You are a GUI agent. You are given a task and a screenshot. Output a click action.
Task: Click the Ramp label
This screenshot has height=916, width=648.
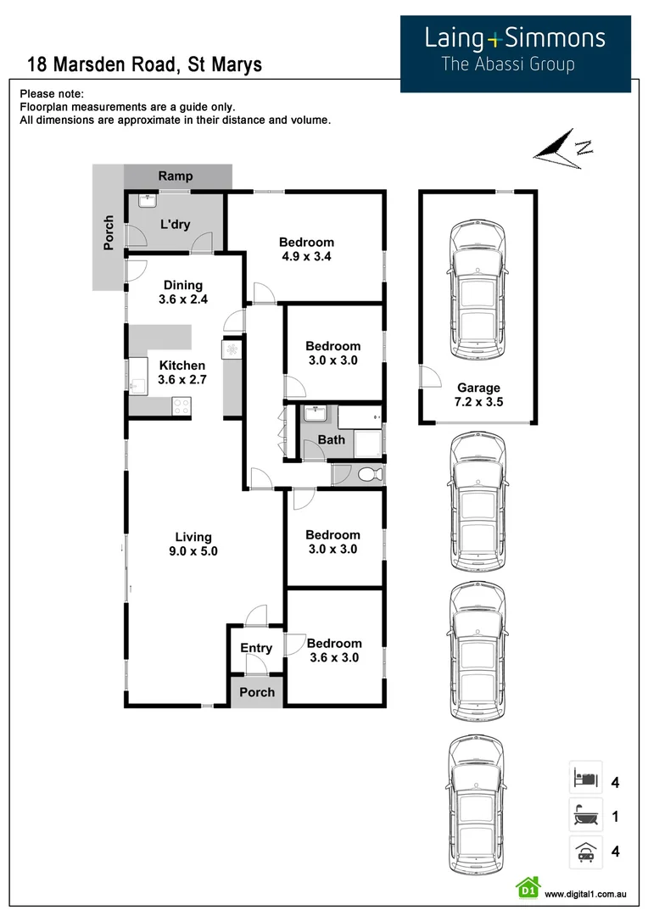tap(176, 176)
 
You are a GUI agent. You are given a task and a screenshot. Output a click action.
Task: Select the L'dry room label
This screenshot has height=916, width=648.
tap(176, 226)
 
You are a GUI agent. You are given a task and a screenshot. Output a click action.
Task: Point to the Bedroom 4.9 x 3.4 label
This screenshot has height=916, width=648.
tap(306, 249)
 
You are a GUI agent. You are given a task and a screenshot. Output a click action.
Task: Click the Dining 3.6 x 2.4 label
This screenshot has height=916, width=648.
tap(183, 292)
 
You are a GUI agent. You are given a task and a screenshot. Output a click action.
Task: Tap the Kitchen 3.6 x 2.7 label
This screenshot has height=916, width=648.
tap(182, 372)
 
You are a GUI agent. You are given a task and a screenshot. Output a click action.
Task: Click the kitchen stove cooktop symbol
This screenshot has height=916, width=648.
tap(182, 407)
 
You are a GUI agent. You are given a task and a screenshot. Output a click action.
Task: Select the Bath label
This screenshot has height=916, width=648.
tap(332, 439)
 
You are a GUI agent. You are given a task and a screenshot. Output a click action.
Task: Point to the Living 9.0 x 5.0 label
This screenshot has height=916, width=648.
tap(193, 544)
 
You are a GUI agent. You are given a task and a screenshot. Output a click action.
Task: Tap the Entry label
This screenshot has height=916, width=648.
tap(256, 648)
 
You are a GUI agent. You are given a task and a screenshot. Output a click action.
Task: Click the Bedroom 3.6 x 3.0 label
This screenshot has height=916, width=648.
tap(334, 651)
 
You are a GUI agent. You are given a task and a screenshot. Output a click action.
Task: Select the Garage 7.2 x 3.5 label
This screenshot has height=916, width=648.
tap(479, 395)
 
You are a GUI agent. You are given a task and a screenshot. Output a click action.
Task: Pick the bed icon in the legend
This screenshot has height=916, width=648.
tap(585, 778)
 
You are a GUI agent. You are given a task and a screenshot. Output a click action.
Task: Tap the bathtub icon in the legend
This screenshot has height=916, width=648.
tap(585, 816)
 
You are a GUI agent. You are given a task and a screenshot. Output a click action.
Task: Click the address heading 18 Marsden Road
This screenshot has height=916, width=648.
tap(144, 64)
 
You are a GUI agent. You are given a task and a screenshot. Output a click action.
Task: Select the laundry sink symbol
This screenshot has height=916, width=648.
tap(145, 202)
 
